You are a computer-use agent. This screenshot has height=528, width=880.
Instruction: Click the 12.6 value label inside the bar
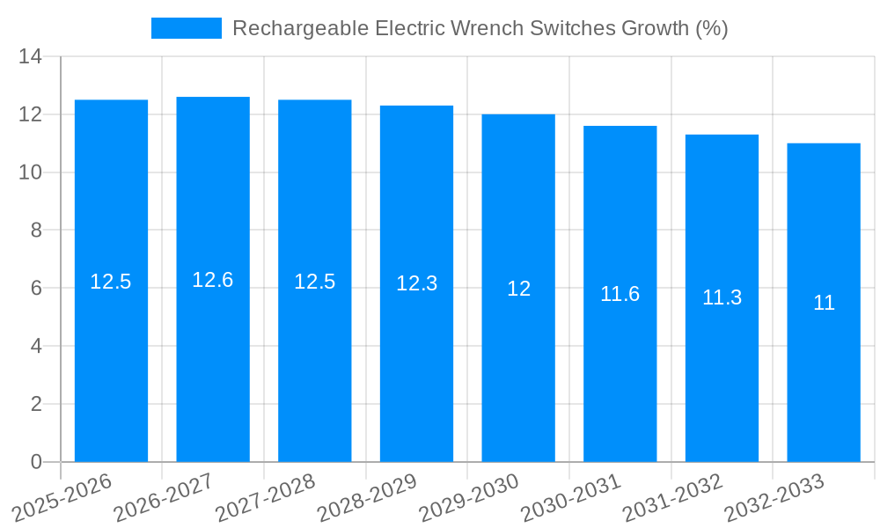(x=213, y=280)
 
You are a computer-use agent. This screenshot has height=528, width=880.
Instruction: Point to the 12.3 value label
(x=416, y=283)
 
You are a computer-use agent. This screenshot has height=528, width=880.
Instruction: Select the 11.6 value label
(x=620, y=294)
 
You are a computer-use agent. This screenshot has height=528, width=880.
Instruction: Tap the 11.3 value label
(x=722, y=297)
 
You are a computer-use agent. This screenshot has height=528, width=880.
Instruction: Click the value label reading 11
(x=824, y=303)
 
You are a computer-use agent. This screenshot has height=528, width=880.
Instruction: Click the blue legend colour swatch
(x=187, y=28)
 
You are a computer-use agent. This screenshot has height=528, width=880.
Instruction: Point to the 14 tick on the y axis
(x=31, y=57)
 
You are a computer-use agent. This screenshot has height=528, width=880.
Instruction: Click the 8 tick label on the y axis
(x=36, y=231)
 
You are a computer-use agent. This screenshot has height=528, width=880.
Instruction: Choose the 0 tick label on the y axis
(x=36, y=462)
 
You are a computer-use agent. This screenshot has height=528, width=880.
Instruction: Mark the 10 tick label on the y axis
(x=31, y=172)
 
